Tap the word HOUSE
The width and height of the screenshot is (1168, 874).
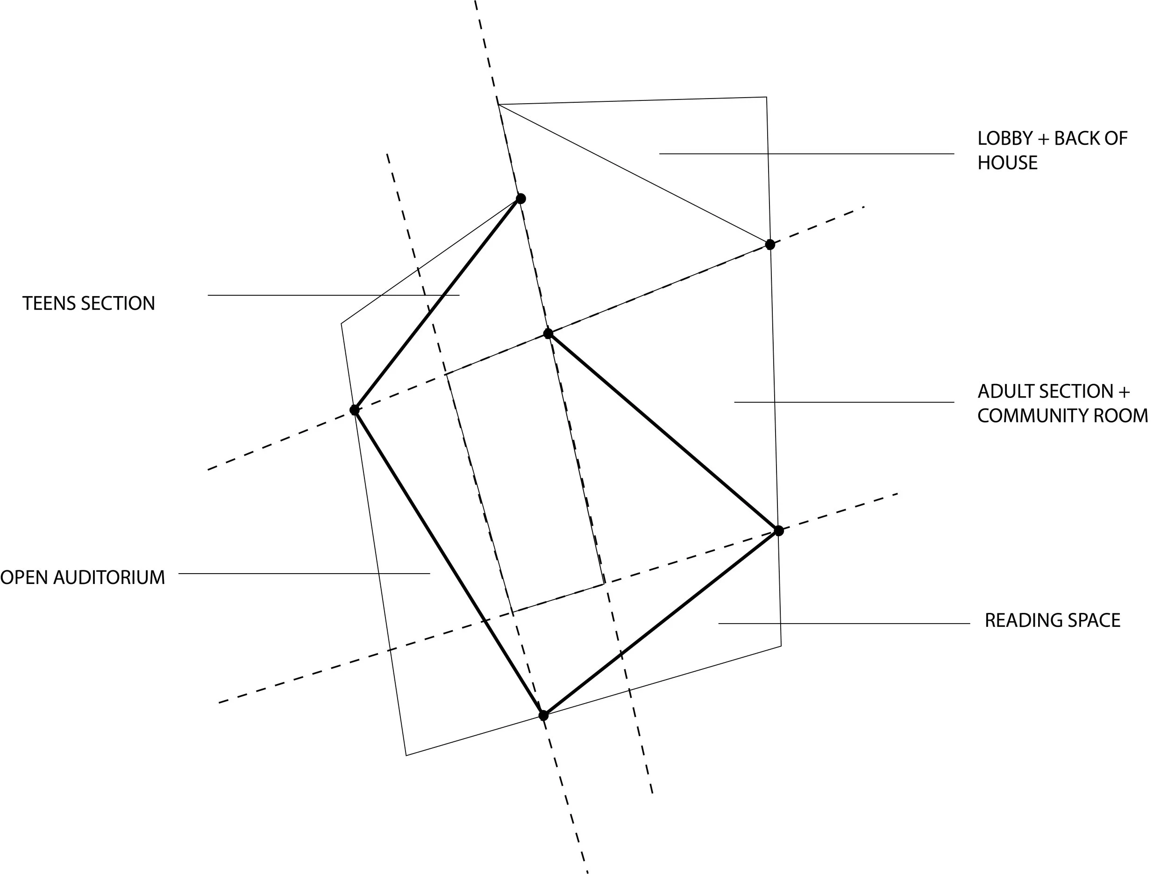(1007, 163)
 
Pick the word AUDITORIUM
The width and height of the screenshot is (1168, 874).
(109, 578)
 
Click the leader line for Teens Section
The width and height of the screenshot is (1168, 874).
(333, 295)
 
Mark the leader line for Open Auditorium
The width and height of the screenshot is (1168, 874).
(304, 574)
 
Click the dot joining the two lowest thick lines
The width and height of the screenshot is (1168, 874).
(543, 716)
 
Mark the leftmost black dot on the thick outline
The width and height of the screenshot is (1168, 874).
(354, 410)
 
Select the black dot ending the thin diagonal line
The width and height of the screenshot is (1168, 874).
(770, 244)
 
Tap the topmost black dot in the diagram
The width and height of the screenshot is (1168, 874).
(520, 199)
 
